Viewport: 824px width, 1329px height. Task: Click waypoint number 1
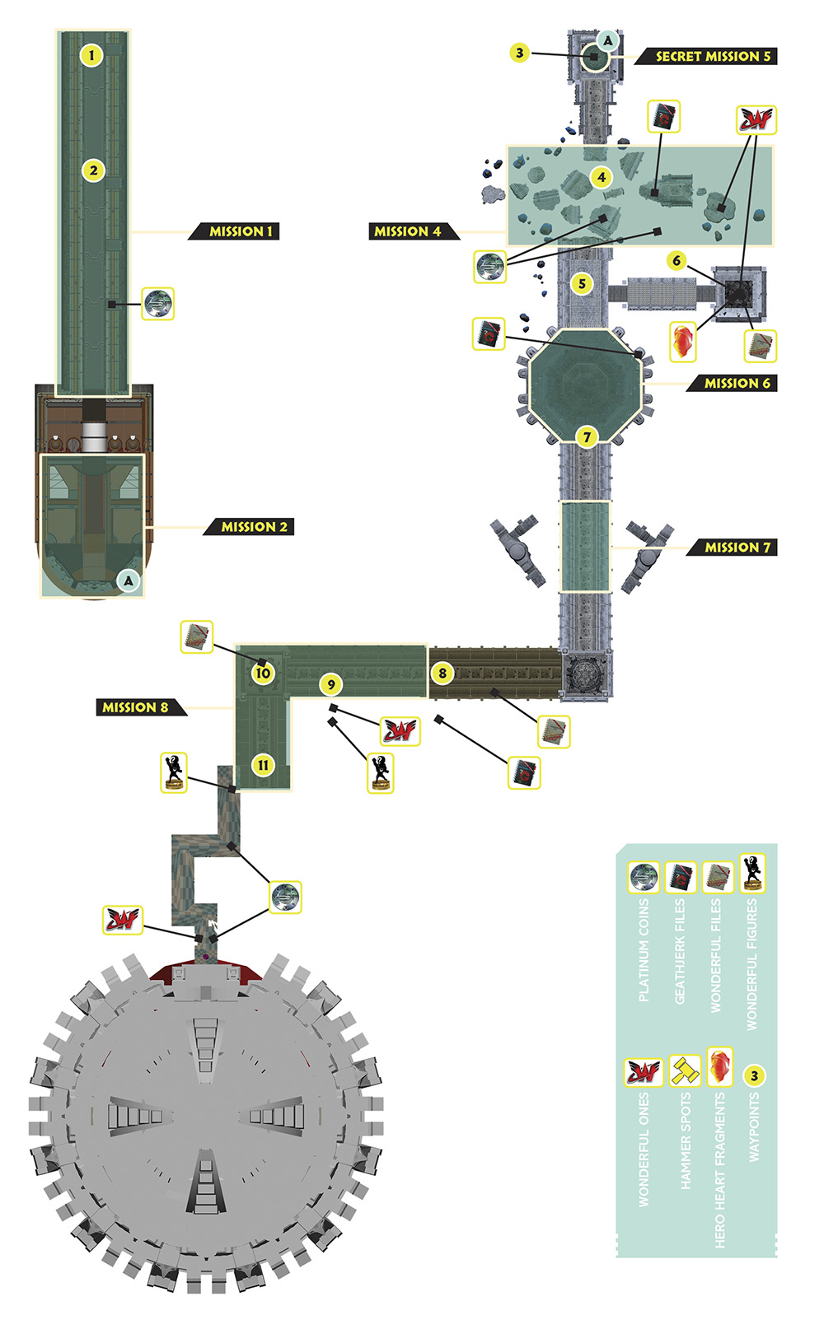(x=91, y=56)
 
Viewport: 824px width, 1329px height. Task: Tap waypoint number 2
(x=93, y=171)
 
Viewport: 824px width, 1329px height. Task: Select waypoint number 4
(x=602, y=177)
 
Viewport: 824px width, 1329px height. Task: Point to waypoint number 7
(x=587, y=437)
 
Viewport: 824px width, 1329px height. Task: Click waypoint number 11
(x=263, y=765)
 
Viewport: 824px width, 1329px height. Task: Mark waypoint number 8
(x=442, y=674)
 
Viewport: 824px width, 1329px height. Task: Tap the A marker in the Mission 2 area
(x=129, y=581)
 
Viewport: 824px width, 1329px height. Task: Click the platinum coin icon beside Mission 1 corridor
(x=158, y=305)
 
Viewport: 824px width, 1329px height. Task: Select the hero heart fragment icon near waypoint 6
(x=683, y=342)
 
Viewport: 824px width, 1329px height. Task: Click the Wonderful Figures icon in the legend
(x=752, y=874)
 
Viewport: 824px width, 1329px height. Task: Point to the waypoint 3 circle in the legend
(x=754, y=1075)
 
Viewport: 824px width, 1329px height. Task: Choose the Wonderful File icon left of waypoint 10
(x=196, y=637)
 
